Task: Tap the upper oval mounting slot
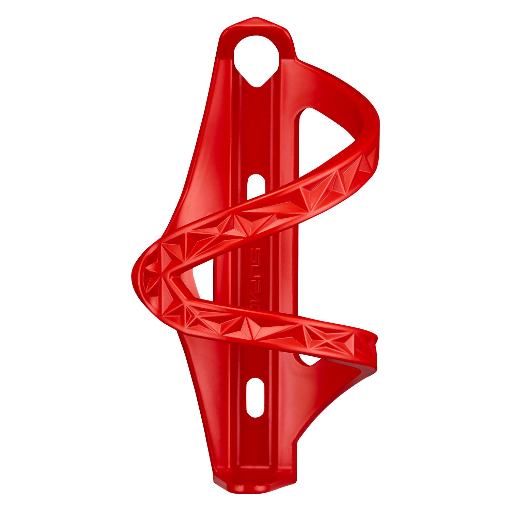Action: (256, 186)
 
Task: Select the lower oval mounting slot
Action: (255, 397)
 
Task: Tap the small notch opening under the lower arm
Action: (308, 359)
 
